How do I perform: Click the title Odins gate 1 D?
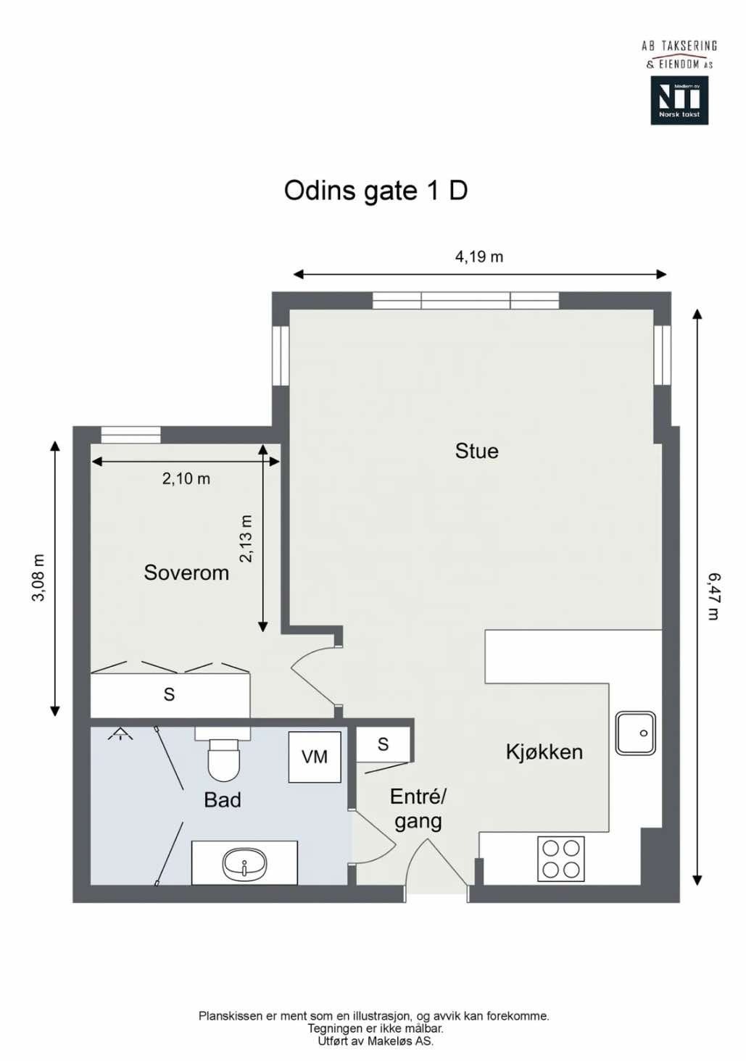click(x=376, y=191)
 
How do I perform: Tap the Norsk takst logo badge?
click(x=679, y=101)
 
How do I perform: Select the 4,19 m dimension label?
click(x=478, y=257)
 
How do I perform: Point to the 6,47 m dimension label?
click(x=713, y=596)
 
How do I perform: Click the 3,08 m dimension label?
click(x=38, y=578)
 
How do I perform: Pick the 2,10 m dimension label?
click(x=186, y=478)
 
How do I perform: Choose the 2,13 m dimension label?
click(x=246, y=538)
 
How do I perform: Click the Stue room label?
click(x=476, y=451)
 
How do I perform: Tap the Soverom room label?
click(x=186, y=573)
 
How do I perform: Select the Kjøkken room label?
click(x=544, y=752)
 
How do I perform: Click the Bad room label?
click(x=222, y=799)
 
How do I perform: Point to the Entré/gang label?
click(x=418, y=809)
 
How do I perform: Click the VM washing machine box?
click(x=315, y=757)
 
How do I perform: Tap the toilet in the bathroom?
click(x=223, y=758)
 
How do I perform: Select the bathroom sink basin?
click(x=244, y=864)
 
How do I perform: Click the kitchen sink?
click(x=635, y=733)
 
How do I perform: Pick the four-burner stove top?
click(x=560, y=859)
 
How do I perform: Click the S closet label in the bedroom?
click(x=169, y=694)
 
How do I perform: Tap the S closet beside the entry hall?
click(x=383, y=744)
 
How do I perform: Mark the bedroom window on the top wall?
click(x=130, y=434)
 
